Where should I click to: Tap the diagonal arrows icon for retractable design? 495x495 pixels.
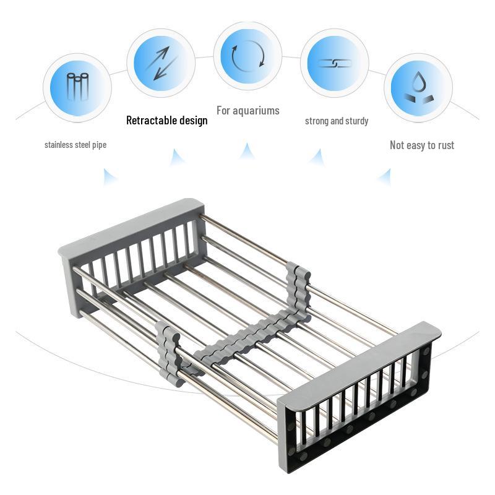tap(161, 64)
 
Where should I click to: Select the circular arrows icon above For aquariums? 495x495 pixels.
tap(247, 55)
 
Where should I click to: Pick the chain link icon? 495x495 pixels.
tap(334, 63)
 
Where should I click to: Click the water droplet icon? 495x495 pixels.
tap(418, 87)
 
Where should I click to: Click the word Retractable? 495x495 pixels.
tap(148, 120)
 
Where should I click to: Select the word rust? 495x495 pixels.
tap(444, 145)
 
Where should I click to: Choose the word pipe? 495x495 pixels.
tap(99, 145)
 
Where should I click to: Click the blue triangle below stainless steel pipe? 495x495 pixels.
tap(110, 178)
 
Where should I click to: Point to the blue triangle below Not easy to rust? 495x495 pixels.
tap(384, 178)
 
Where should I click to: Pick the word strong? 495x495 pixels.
tap(317, 121)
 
